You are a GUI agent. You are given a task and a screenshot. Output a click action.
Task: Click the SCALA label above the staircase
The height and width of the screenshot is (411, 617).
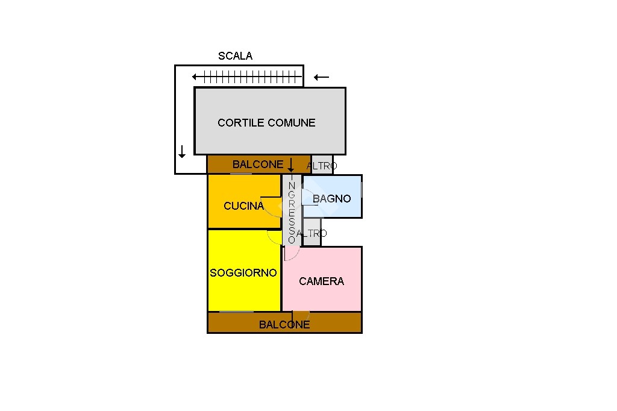coord(236,56)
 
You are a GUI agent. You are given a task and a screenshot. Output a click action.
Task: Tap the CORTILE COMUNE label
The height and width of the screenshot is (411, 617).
coord(266,123)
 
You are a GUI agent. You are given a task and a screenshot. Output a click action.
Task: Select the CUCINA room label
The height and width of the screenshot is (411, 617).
coord(243,206)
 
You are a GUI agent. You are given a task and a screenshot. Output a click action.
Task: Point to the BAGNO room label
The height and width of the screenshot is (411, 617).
coord(332,199)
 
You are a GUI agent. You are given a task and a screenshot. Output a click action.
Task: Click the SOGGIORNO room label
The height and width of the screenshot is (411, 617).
coord(243,273)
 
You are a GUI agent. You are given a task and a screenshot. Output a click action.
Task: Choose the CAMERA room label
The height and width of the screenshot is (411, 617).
coord(322,281)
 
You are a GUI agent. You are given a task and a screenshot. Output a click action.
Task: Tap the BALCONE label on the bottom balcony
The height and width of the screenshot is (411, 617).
coord(284,325)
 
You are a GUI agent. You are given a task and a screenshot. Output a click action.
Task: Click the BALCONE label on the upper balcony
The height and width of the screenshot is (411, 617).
coord(258,164)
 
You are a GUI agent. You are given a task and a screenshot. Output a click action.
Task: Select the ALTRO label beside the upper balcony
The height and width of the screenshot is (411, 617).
coord(322,166)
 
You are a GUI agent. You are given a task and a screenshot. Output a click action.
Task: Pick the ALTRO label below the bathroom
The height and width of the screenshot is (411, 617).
coord(312,233)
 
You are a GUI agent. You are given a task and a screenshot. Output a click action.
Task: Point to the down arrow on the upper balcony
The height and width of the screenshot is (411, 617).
coord(291,165)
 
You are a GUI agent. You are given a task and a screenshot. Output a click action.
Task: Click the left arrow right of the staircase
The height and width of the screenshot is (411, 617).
coord(322,77)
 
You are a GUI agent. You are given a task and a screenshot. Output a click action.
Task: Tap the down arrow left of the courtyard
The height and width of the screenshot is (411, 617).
coord(182,152)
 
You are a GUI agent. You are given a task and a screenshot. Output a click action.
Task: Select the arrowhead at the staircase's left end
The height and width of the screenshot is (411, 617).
coord(194,77)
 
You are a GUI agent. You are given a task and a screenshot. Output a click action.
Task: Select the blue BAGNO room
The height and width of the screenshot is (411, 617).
coord(332,196)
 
